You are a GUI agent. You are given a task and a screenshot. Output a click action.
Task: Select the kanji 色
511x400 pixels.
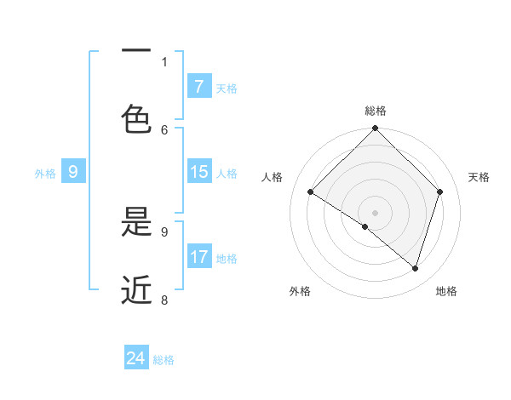pos(136,120)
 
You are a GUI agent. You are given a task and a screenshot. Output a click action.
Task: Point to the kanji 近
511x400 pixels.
pos(136,289)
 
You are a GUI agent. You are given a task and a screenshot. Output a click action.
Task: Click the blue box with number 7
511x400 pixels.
pos(198,86)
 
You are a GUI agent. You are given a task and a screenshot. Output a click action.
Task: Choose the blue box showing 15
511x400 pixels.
pos(198,172)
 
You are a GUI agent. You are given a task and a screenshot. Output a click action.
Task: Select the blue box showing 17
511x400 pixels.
pos(198,257)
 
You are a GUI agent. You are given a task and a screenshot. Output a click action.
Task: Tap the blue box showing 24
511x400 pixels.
pos(136,358)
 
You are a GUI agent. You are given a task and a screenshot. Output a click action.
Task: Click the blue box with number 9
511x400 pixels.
pos(73,172)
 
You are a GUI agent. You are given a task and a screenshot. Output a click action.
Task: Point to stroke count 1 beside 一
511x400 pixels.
pos(164,61)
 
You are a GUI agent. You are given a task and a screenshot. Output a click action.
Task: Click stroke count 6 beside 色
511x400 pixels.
pos(164,129)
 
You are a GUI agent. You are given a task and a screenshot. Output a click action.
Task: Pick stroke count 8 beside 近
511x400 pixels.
pos(164,300)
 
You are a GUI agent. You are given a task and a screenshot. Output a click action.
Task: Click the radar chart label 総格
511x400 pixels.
pos(376,111)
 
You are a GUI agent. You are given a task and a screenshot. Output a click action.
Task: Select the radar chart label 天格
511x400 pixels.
pos(479,177)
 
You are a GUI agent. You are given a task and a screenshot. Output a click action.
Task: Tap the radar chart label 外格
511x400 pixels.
pos(300,291)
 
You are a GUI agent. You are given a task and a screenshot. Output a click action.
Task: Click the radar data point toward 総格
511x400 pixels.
pos(376,129)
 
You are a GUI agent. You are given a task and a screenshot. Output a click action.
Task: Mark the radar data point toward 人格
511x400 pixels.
pos(311,191)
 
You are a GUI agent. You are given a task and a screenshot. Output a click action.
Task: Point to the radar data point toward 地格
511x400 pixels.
pos(416,268)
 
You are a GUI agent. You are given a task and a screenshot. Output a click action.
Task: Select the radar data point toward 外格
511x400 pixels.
pos(365,226)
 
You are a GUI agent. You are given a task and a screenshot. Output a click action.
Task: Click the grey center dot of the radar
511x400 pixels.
pos(376,212)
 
